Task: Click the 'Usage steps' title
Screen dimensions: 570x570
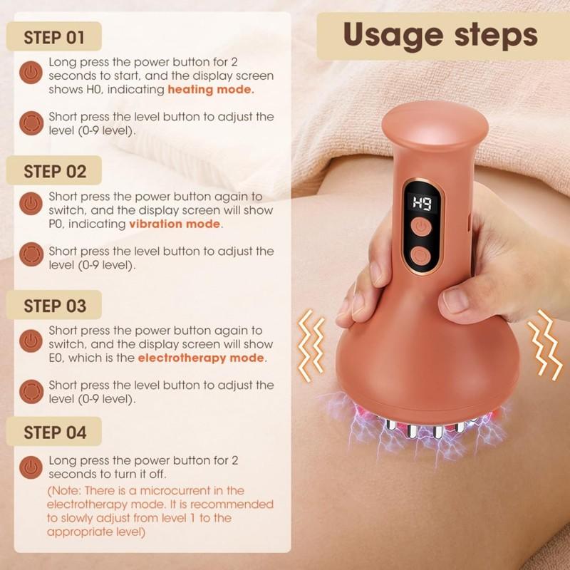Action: click(440, 35)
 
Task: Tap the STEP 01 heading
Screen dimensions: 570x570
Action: click(55, 37)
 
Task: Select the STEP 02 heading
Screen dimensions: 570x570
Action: click(55, 172)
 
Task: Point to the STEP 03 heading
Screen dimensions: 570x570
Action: click(55, 306)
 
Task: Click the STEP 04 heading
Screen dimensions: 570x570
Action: click(55, 432)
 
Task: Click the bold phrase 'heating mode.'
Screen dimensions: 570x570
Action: click(211, 90)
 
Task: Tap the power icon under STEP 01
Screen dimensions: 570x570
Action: click(30, 73)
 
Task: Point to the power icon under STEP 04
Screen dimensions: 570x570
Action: click(30, 467)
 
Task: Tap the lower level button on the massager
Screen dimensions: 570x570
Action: click(420, 256)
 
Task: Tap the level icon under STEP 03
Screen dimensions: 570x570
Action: click(30, 390)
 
